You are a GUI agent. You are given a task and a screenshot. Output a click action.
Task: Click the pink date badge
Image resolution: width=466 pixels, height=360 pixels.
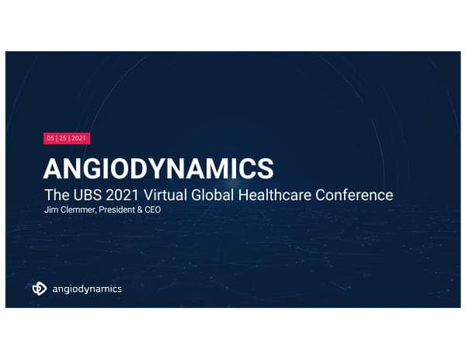click(x=66, y=138)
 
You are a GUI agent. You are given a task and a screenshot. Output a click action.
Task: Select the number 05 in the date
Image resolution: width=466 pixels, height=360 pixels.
click(x=50, y=138)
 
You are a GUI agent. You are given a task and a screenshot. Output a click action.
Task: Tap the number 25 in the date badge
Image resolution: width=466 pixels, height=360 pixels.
click(x=64, y=138)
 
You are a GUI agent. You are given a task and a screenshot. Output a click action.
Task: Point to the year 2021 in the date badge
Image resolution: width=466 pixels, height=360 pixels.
click(x=79, y=138)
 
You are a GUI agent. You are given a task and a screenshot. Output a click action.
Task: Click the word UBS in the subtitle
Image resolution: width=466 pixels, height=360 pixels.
click(x=87, y=194)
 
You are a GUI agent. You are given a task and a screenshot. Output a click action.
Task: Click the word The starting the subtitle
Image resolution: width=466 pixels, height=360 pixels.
click(x=55, y=194)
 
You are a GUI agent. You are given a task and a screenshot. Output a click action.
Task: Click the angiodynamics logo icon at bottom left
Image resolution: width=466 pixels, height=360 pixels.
click(x=40, y=289)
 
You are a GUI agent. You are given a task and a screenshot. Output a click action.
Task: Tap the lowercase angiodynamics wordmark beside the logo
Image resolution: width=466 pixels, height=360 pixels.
click(x=86, y=289)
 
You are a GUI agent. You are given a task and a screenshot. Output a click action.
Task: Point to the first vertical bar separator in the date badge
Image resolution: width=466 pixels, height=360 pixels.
click(x=57, y=138)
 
